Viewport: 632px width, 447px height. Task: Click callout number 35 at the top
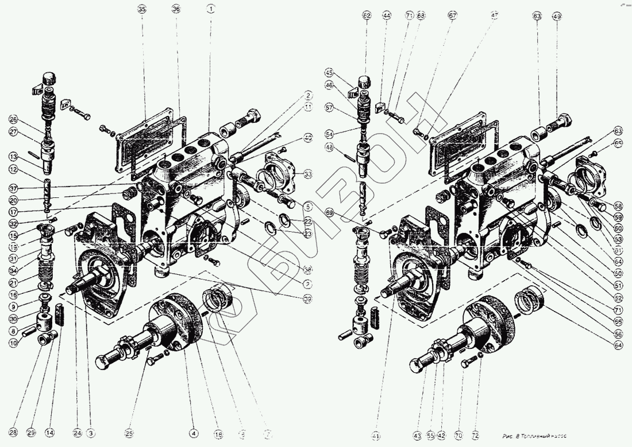[142, 10]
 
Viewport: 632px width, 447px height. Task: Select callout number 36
[176, 10]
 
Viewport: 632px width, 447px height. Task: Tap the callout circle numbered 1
[211, 10]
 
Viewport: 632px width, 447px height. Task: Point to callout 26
[13, 120]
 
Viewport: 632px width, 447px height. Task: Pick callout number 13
[13, 156]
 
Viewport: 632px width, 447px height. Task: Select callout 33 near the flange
[309, 174]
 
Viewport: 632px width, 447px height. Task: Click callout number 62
[367, 17]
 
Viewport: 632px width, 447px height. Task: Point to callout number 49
[557, 17]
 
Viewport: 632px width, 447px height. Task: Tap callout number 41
[376, 436]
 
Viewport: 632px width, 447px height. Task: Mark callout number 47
[494, 17]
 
